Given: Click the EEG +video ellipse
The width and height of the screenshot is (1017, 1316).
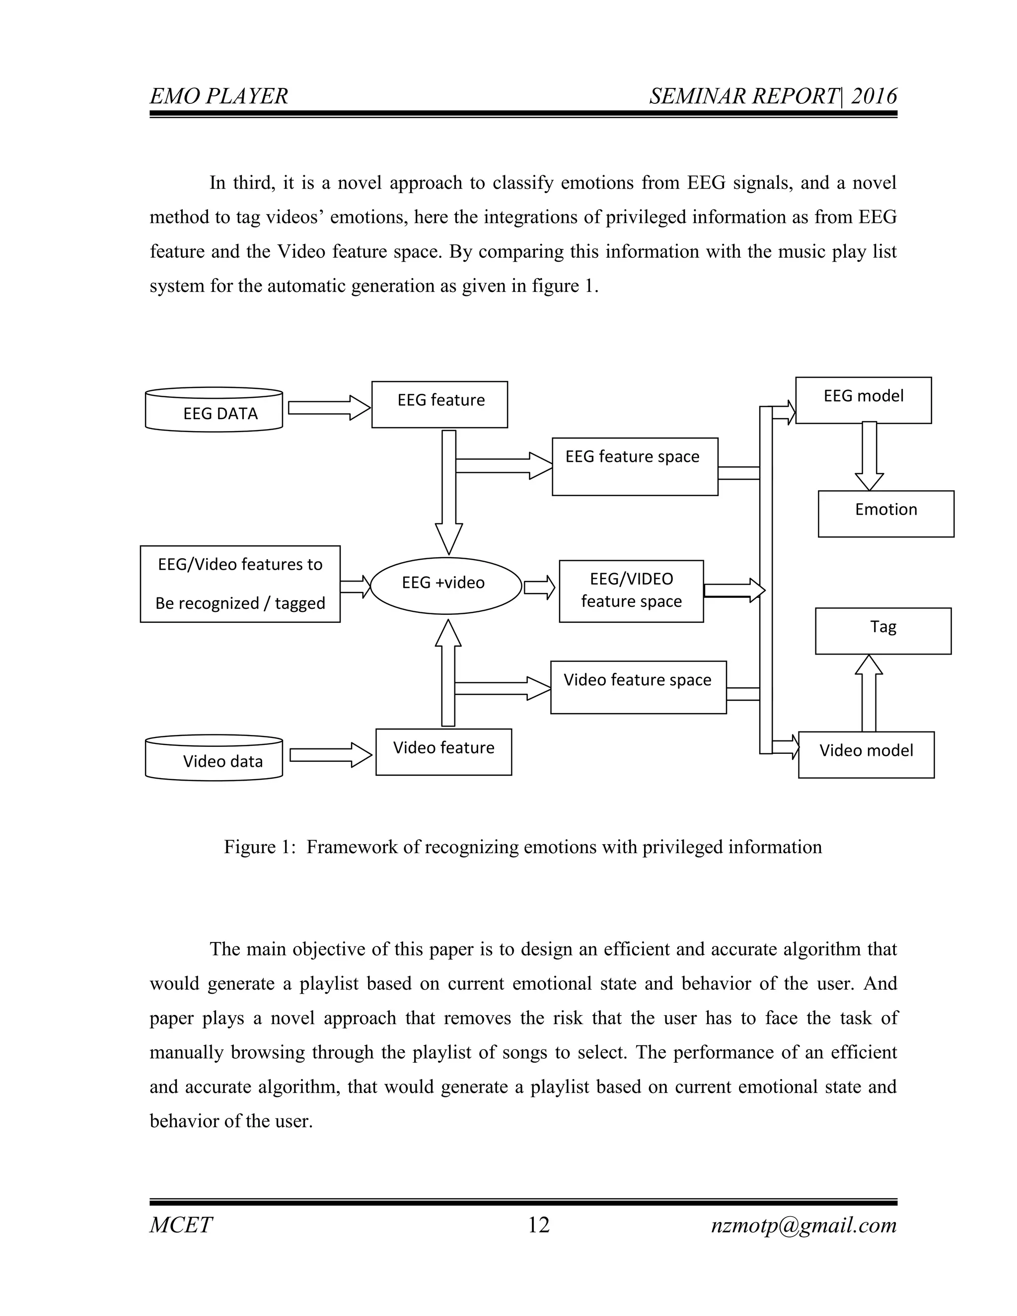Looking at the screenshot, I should pos(446,585).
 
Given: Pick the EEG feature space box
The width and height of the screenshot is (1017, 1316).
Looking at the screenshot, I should pos(635,466).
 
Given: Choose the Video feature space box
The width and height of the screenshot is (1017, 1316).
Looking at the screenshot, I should pos(638,687).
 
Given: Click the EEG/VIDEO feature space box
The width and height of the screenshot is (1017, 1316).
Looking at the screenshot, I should pos(631,591).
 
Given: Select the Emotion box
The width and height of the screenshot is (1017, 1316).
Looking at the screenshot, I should pos(886,513).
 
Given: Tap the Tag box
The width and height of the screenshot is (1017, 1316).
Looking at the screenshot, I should pos(882,631).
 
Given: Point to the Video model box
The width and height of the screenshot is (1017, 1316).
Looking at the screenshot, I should pos(866,754).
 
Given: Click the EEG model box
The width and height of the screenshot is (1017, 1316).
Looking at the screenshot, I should pos(863,400).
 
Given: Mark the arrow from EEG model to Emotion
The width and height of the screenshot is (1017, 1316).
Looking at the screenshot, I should pos(869,457).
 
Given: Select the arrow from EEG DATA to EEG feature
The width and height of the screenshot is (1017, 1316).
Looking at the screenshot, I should pos(329,408).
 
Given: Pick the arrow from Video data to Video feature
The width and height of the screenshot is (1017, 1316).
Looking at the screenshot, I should pos(331,755).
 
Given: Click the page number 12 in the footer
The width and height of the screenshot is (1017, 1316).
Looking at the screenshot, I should pos(539,1225).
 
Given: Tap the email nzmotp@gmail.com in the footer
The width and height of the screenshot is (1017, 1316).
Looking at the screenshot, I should pos(804,1225).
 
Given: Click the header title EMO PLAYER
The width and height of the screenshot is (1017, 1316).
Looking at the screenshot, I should pos(218,96).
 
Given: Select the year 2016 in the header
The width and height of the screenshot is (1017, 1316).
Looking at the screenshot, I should pos(873,96).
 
